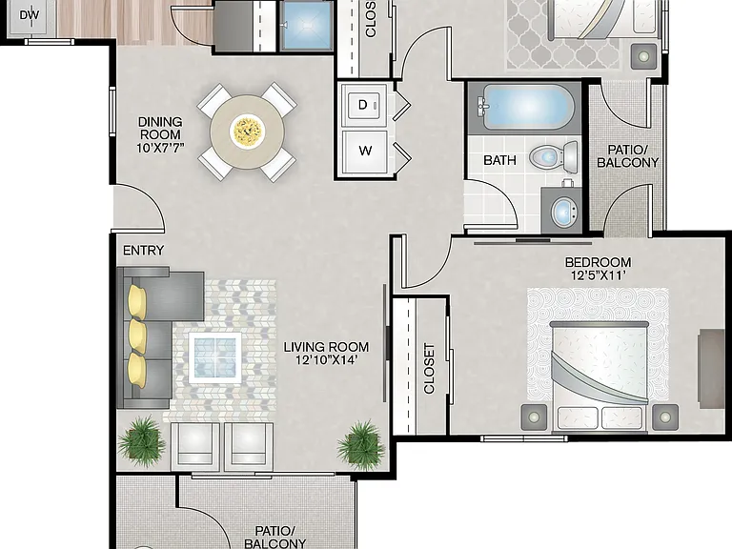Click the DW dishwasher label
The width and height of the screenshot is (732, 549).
pos(30,15)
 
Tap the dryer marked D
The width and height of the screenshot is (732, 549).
pos(364,105)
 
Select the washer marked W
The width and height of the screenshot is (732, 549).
pos(365,152)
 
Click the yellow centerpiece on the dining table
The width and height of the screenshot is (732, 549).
pos(248,132)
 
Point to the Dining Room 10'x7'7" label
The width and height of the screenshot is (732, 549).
pos(160,135)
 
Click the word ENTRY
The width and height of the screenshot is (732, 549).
pos(143,251)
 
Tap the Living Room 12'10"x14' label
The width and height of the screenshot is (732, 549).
pos(326,354)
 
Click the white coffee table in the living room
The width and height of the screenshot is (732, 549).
pos(215,357)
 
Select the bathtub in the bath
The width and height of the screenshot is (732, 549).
pos(526,107)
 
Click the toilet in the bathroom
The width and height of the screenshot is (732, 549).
pos(554,157)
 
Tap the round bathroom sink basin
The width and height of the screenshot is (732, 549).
pos(564,212)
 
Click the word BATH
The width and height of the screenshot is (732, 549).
pos(500,160)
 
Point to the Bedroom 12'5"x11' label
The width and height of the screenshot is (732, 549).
pos(598,269)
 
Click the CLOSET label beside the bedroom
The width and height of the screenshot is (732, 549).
pos(429,369)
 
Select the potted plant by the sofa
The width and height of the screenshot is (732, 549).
pos(141,441)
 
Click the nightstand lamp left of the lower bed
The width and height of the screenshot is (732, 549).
pos(534,417)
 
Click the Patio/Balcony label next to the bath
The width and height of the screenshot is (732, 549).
pos(627,156)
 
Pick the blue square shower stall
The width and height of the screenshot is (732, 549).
pos(306,25)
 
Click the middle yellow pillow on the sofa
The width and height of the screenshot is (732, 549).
pos(137,335)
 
